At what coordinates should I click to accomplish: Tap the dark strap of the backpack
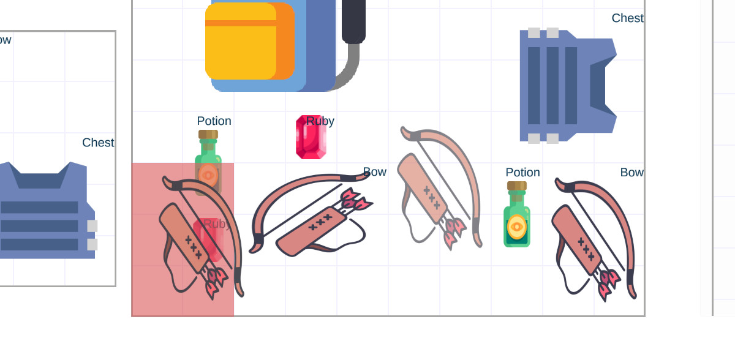pyautogui.click(x=353, y=21)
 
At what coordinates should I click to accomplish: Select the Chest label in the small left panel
pyautogui.click(x=98, y=143)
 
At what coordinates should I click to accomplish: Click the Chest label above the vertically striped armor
pyautogui.click(x=627, y=18)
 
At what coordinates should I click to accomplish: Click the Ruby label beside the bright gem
pyautogui.click(x=320, y=121)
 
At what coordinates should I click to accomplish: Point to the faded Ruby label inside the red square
pyautogui.click(x=217, y=224)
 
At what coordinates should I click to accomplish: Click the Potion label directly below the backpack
pyautogui.click(x=214, y=121)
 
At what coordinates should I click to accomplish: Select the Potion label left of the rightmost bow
pyautogui.click(x=522, y=173)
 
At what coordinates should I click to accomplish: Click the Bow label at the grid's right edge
pyautogui.click(x=631, y=173)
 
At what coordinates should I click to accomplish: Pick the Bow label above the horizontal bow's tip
pyautogui.click(x=374, y=172)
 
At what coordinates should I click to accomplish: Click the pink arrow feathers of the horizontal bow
pyautogui.click(x=355, y=201)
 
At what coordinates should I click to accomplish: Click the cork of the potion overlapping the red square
pyautogui.click(x=208, y=134)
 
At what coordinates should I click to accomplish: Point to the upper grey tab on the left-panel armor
pyautogui.click(x=92, y=226)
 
